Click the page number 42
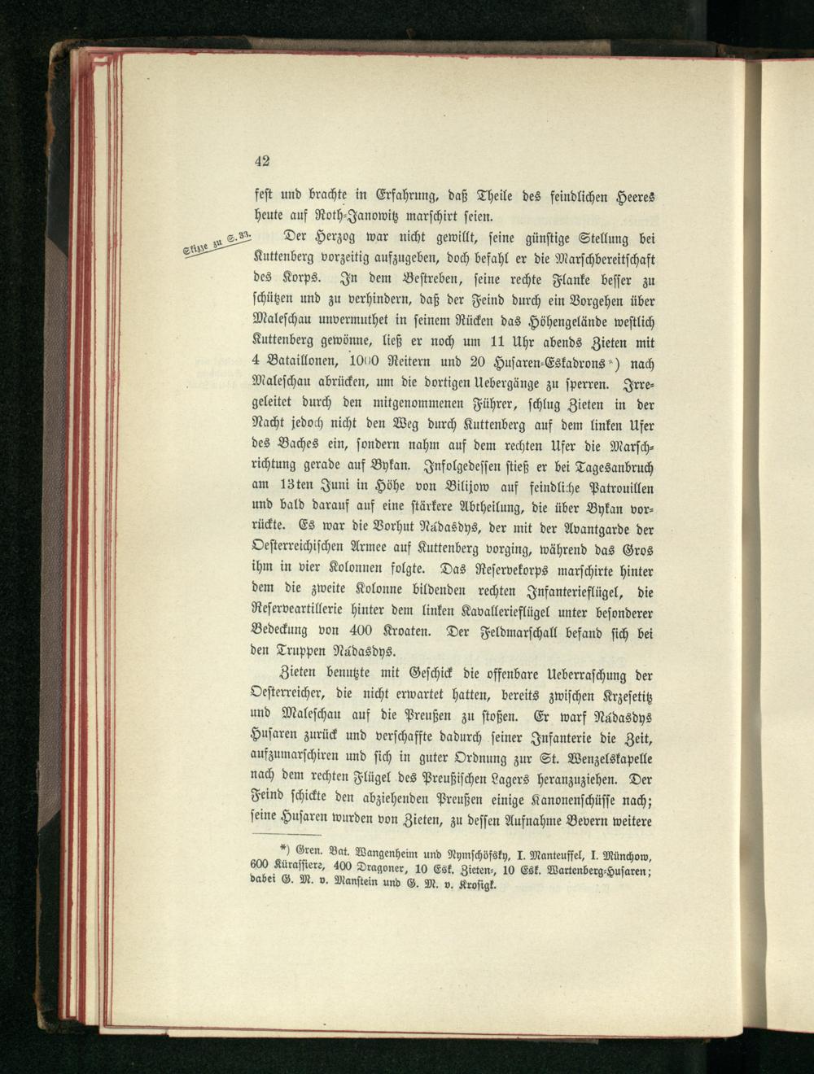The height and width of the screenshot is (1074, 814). [x=262, y=160]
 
